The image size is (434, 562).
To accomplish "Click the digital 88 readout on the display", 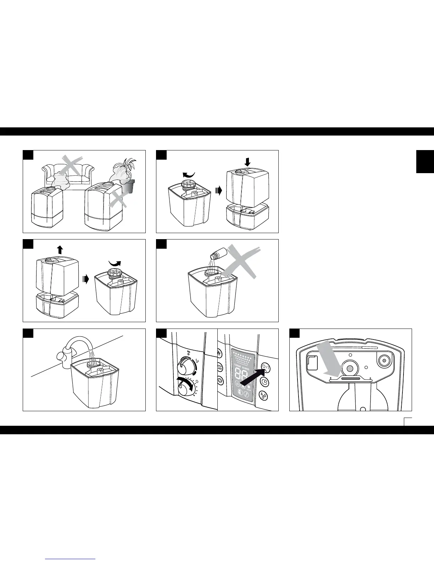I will (243, 371).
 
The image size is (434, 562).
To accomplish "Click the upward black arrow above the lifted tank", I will (60, 250).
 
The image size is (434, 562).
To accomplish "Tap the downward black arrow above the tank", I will (247, 162).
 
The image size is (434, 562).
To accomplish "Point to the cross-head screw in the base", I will (383, 361).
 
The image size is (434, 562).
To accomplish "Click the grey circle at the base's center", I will (350, 369).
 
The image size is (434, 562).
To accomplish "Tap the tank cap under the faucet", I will (94, 364).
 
